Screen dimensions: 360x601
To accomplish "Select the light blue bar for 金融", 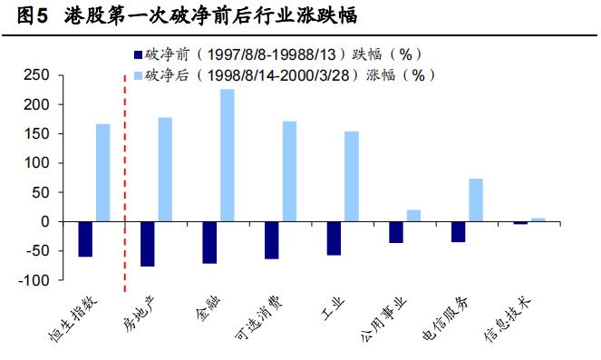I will (x=227, y=155).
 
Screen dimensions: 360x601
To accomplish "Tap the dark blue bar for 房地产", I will (x=147, y=243).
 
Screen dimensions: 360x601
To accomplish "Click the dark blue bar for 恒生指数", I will (x=84, y=238).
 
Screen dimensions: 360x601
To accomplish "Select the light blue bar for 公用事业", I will (x=413, y=215).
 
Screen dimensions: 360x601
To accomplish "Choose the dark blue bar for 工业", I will (x=334, y=238).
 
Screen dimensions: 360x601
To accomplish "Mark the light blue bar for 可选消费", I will (x=289, y=171).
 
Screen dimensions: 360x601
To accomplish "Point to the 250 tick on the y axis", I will (x=38, y=74).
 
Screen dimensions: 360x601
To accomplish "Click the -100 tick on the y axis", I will (x=36, y=280).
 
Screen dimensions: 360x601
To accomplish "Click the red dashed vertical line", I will (x=124, y=181).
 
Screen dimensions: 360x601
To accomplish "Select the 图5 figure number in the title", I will (x=33, y=16).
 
